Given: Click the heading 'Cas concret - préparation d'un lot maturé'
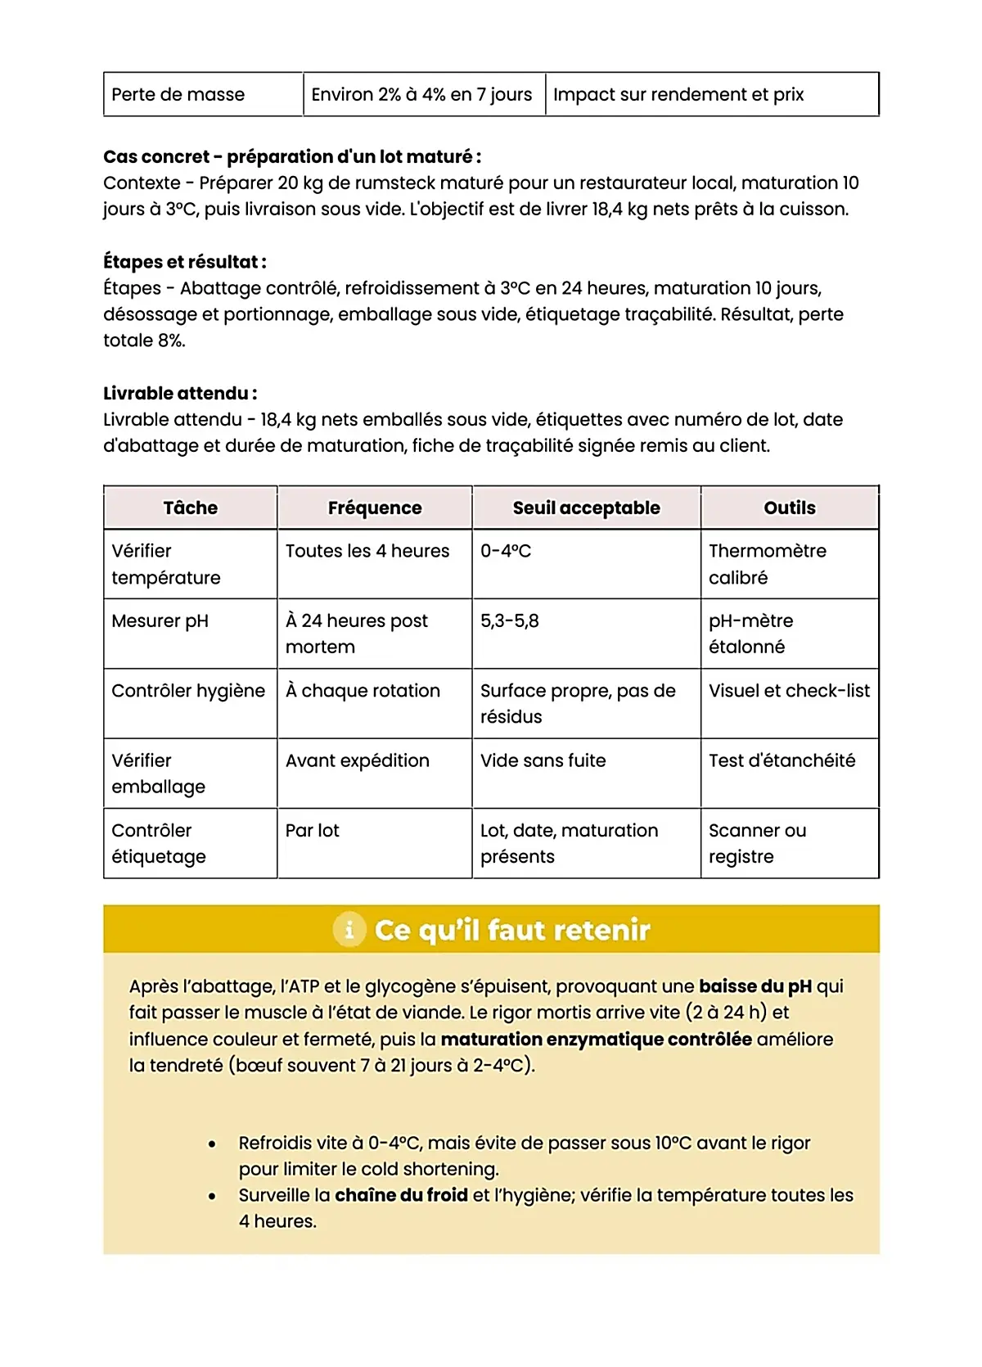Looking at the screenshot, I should click(x=292, y=156).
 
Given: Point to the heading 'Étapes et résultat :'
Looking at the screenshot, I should click(x=185, y=262).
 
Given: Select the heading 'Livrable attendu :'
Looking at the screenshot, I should click(x=180, y=393).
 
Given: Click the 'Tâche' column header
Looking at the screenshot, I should click(x=191, y=508).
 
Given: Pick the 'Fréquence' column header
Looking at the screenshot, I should click(x=375, y=508).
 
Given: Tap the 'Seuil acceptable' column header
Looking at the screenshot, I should click(x=586, y=508).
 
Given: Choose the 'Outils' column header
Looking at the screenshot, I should click(x=790, y=508).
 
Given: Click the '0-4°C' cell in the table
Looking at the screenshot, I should click(x=506, y=552).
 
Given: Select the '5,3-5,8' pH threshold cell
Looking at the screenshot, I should click(x=510, y=621).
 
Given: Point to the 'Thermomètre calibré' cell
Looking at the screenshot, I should click(x=768, y=564).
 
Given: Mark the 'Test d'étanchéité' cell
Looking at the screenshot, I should click(x=782, y=760).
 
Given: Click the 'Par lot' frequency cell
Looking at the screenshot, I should click(x=313, y=831).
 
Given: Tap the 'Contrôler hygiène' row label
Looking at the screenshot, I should click(x=188, y=691).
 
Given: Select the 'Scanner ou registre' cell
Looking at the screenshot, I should click(x=757, y=843).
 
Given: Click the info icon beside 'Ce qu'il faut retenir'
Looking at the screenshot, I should click(x=349, y=930).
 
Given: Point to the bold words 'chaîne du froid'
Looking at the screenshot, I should click(x=401, y=1195).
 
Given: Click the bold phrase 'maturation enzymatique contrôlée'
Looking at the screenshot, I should click(x=596, y=1040).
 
